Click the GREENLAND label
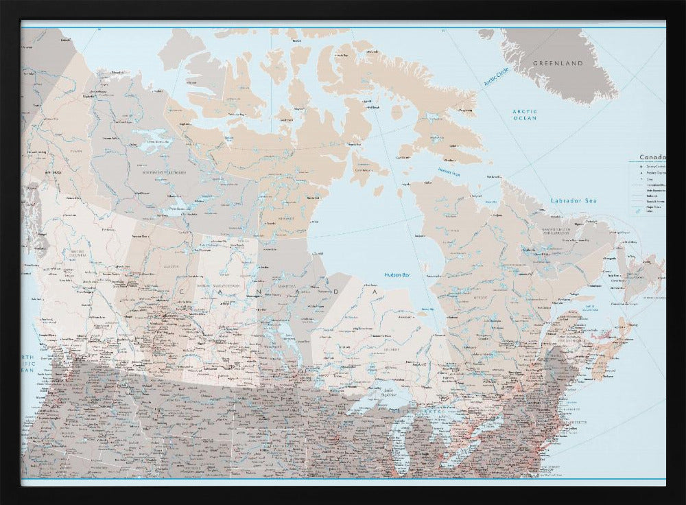558,63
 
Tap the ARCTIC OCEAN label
525,115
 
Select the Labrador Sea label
574,200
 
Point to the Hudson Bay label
397,274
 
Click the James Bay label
426,310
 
